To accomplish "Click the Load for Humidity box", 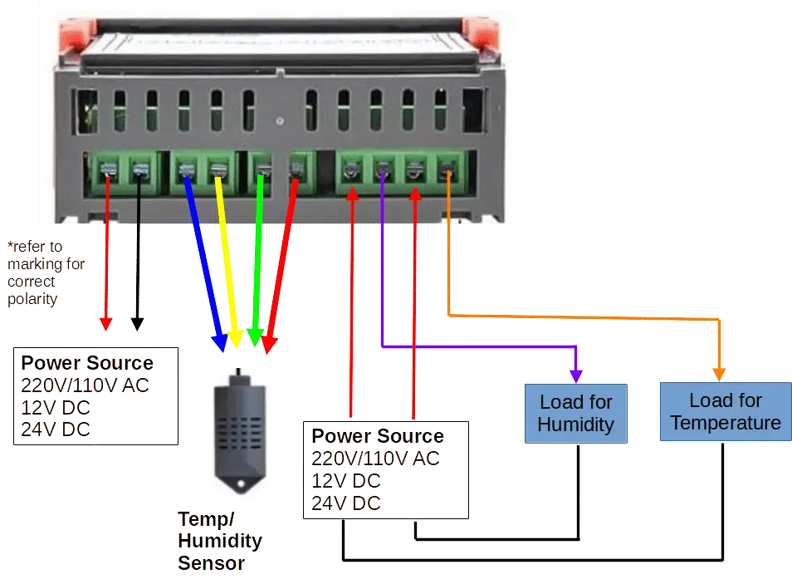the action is pos(576,414).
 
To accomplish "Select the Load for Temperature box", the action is pos(726,411).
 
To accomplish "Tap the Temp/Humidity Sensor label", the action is pos(220,541).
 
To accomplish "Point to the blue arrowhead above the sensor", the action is pos(219,343).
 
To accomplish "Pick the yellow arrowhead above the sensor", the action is pos(235,339).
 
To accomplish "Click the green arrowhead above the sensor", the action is pos(255,337).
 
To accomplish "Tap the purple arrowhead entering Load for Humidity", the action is pos(576,376).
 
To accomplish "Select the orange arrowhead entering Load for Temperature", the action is pos(719,375).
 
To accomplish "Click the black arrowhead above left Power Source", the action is pos(137,324).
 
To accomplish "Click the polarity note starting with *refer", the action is pos(46,272).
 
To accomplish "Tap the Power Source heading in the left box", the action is pos(87,363).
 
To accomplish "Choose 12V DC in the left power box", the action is pos(56,407).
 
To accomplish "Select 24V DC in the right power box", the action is pos(346,503).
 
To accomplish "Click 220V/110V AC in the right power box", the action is pos(375,459).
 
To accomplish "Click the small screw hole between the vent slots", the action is pos(279,121).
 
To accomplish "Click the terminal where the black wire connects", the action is pos(139,170).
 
